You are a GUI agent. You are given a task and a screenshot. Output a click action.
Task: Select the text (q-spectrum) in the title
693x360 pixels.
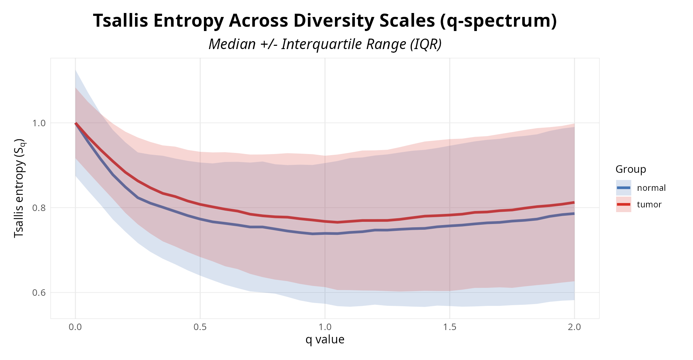pyautogui.click(x=498, y=21)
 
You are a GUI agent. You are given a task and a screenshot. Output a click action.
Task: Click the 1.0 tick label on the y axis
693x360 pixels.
pyautogui.click(x=39, y=123)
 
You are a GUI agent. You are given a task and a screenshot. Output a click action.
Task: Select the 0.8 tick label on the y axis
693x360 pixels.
pyautogui.click(x=39, y=208)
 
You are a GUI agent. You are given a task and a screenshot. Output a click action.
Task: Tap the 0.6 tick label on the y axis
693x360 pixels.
pyautogui.click(x=39, y=293)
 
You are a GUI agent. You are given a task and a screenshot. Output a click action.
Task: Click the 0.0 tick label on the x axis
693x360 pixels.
pyautogui.click(x=75, y=327)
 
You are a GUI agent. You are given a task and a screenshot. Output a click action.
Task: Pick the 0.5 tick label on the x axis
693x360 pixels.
pyautogui.click(x=200, y=327)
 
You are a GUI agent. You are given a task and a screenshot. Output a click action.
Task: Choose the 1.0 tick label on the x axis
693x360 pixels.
pyautogui.click(x=325, y=327)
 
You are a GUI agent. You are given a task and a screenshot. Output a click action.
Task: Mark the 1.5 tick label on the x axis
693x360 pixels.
pyautogui.click(x=450, y=327)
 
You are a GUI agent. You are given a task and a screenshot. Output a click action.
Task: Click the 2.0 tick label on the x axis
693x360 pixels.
pyautogui.click(x=574, y=327)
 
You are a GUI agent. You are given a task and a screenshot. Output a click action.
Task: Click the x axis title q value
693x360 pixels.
pyautogui.click(x=325, y=339)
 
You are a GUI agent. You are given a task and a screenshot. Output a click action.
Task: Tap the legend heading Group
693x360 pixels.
pyautogui.click(x=631, y=169)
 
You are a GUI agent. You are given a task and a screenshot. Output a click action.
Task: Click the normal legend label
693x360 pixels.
pyautogui.click(x=651, y=188)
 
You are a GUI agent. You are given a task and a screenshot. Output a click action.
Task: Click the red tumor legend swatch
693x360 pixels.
pyautogui.click(x=623, y=205)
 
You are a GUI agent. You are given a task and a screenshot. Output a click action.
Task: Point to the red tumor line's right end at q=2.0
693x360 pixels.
pyautogui.click(x=574, y=202)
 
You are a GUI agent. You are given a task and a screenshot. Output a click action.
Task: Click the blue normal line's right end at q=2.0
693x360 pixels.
pyautogui.click(x=574, y=214)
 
